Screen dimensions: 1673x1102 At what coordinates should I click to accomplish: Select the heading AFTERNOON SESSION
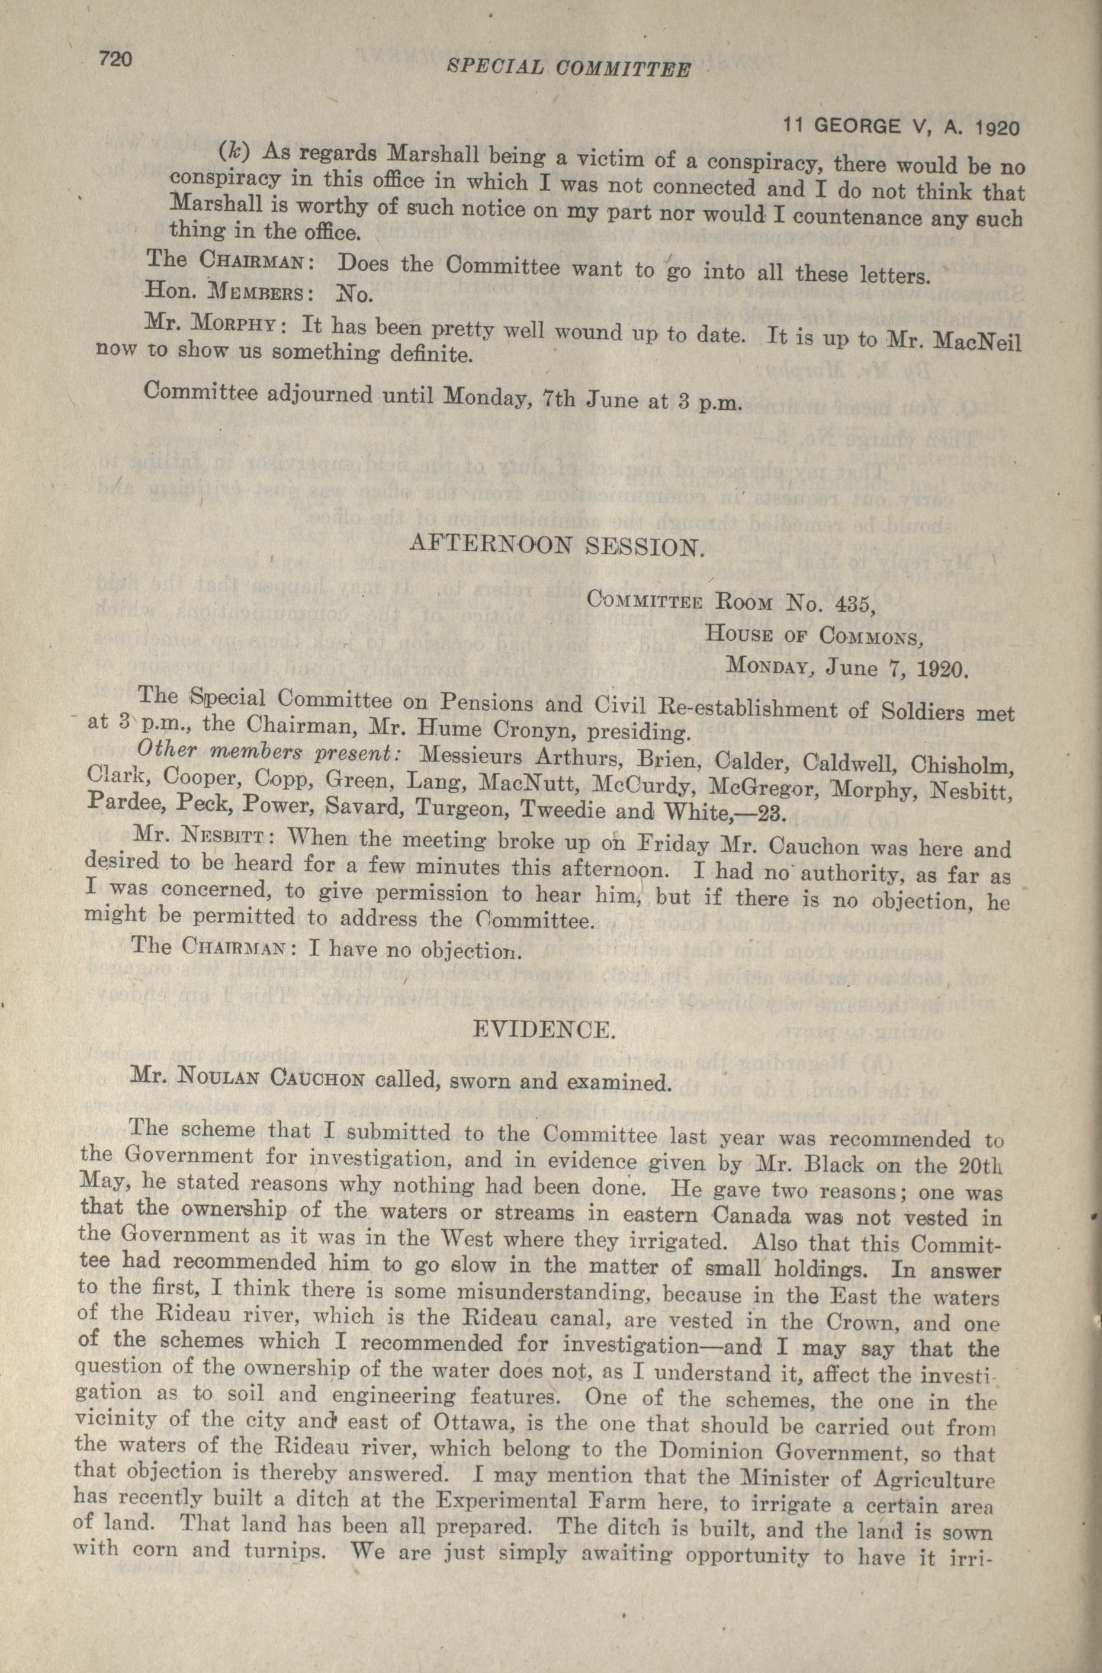pyautogui.click(x=556, y=545)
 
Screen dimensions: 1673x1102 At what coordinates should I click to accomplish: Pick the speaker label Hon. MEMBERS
pyautogui.click(x=226, y=291)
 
